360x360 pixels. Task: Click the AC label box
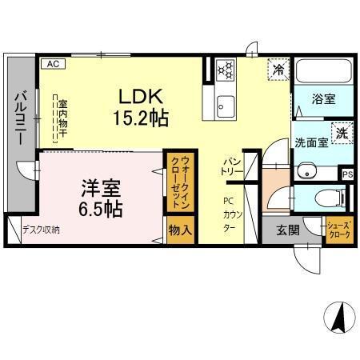coord(51,62)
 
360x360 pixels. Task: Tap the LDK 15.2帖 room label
coord(143,107)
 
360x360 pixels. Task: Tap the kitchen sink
coord(225,105)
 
